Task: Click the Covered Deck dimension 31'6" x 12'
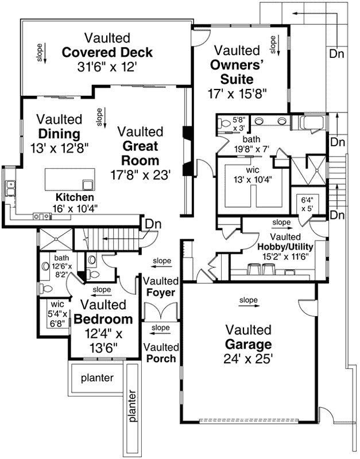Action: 107,67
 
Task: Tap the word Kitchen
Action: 75,197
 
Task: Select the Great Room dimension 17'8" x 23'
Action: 140,175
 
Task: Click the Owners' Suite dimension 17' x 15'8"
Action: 237,94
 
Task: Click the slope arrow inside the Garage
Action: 249,306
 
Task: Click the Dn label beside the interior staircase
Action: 153,224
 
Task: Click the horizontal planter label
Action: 97,378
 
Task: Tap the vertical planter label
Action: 133,406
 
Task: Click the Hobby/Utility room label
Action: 285,247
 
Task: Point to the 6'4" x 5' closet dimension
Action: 307,204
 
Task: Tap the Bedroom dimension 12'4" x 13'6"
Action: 104,341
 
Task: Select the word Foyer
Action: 161,293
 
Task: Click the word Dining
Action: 60,134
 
